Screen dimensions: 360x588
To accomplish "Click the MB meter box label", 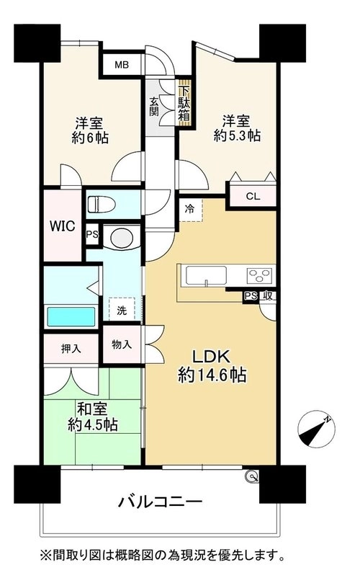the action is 122,65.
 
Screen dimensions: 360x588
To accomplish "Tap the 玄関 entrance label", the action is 154,107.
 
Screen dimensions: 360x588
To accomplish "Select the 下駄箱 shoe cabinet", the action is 184,104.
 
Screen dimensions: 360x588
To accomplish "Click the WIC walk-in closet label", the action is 63,226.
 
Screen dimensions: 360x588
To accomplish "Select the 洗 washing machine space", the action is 122,309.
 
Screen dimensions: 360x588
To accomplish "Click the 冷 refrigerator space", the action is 190,210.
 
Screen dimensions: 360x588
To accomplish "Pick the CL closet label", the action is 253,197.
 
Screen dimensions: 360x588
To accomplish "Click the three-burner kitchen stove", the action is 260,275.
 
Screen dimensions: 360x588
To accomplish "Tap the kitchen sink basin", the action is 206,276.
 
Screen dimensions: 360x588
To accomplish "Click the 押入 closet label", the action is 71,349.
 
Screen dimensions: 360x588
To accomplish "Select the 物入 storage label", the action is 122,344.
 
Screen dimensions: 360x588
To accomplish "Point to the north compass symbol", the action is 316,429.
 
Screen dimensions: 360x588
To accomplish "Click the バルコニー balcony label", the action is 161,502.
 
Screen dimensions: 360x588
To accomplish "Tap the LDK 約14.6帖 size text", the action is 212,366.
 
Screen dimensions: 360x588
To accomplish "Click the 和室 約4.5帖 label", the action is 93,416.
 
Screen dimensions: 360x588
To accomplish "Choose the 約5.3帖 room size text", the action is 237,135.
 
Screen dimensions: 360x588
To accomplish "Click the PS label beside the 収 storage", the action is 251,296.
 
